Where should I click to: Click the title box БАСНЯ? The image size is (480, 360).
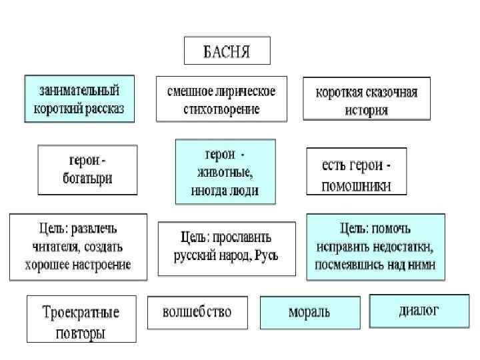(227, 51)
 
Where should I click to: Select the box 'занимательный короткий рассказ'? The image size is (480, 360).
(79, 99)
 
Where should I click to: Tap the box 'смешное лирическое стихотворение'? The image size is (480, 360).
(221, 99)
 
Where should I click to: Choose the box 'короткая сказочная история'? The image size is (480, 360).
(367, 99)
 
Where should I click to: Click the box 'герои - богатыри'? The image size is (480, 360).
(87, 170)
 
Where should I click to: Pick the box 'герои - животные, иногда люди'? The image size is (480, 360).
(225, 171)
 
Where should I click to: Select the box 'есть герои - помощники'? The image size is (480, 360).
(356, 171)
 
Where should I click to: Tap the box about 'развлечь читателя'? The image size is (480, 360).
(78, 247)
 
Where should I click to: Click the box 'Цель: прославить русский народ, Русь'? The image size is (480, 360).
(227, 247)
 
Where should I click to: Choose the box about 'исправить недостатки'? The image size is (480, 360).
(376, 246)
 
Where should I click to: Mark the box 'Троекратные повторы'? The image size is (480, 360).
(81, 319)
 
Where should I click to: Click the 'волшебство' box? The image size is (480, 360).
(198, 312)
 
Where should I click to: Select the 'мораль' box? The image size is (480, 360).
(309, 312)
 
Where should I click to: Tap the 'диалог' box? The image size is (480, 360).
(419, 311)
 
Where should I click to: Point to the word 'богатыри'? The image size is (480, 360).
(87, 179)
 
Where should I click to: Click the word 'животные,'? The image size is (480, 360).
(225, 172)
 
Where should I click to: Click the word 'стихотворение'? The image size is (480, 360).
(221, 109)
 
